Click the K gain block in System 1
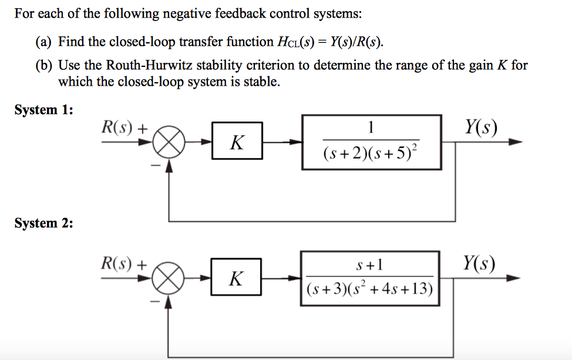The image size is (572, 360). tap(237, 142)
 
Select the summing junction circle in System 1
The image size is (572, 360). tap(169, 142)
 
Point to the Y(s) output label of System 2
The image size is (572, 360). tap(479, 263)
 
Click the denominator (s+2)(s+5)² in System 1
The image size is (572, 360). tap(372, 154)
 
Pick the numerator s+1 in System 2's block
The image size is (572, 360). tap(371, 265)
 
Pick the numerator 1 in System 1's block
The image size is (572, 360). tap(371, 128)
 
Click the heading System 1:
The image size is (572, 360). tap(43, 110)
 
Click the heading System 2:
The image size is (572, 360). tap(43, 223)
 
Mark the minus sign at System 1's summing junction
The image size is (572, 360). tap(155, 167)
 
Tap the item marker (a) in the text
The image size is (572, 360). tap(44, 42)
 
